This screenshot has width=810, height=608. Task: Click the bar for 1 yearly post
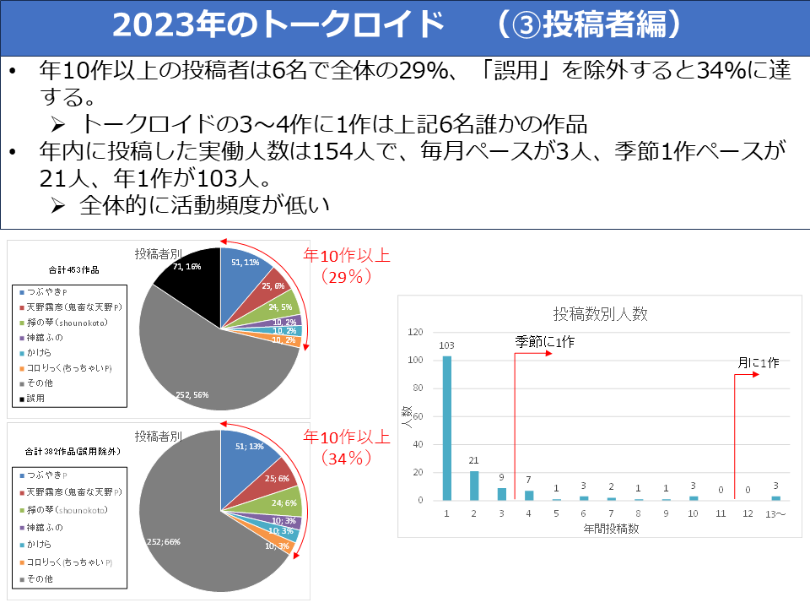tap(447, 428)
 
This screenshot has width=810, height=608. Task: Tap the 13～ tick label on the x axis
tap(775, 513)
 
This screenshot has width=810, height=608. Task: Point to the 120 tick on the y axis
tap(413, 332)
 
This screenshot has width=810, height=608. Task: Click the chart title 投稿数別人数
tap(600, 313)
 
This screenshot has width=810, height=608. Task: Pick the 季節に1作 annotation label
tap(545, 342)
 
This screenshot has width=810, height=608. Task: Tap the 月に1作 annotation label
tap(758, 362)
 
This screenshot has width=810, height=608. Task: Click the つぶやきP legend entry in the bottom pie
tap(46, 475)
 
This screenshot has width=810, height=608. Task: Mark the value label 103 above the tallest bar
tap(447, 346)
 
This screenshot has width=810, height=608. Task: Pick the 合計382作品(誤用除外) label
tap(73, 451)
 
